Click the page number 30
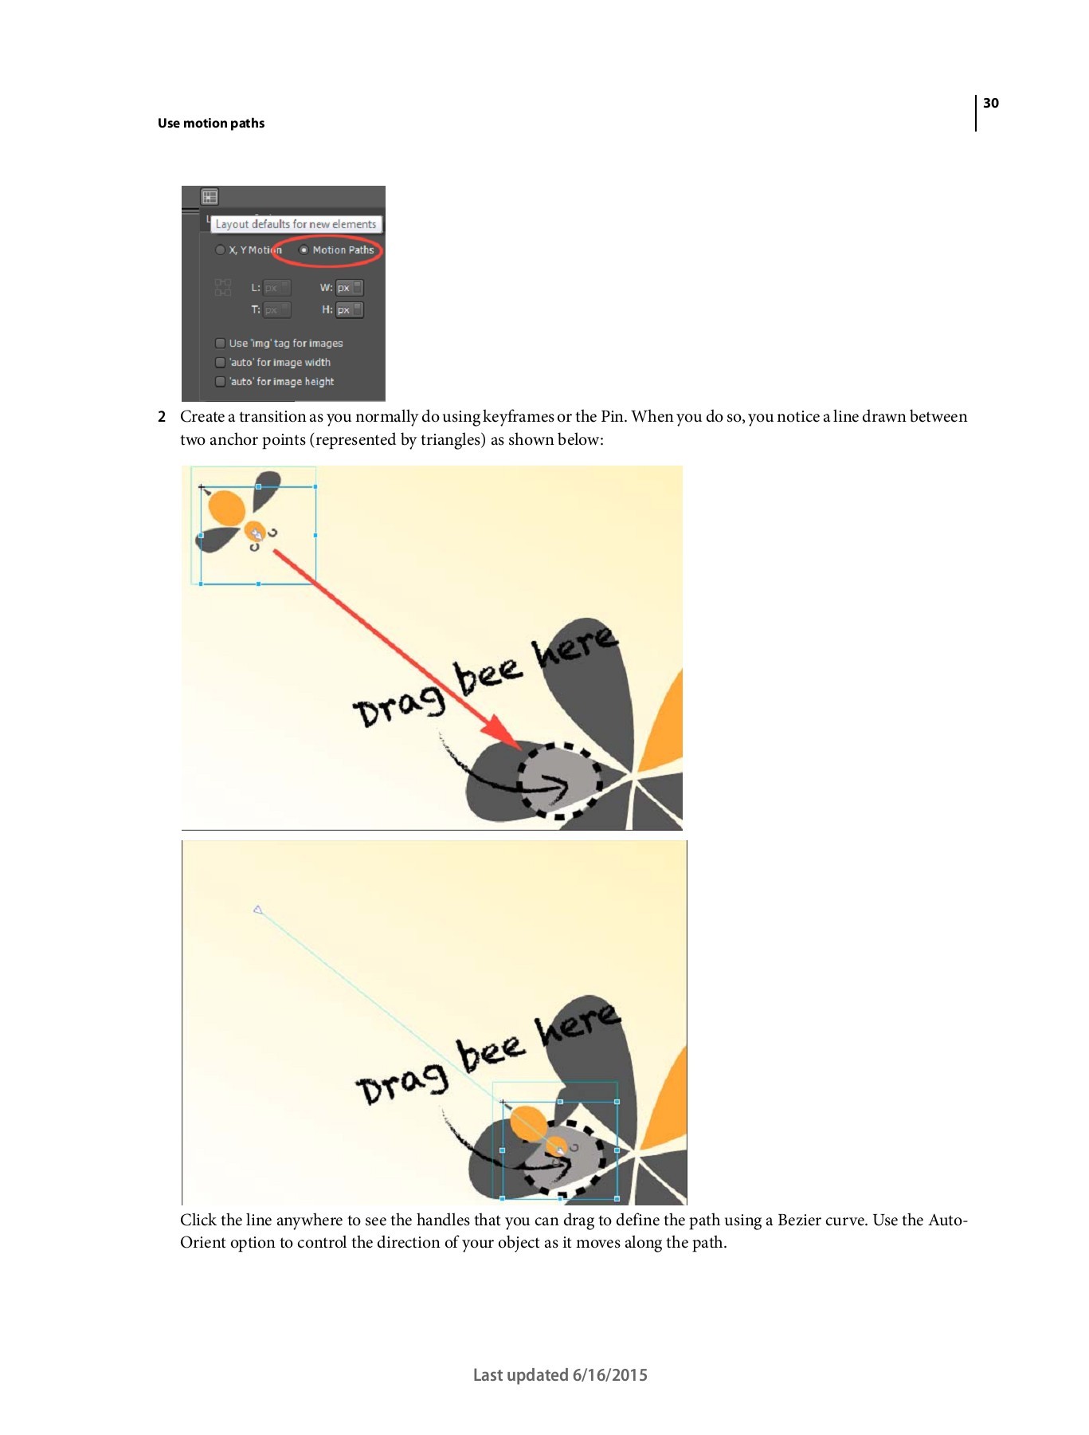990,103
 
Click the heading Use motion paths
211,123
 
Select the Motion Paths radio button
304,250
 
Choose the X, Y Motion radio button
220,250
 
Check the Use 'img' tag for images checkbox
220,343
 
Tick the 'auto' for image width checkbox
220,362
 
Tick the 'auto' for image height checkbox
220,381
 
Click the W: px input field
349,287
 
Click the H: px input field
349,309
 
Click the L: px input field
276,287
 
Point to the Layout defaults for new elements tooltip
296,224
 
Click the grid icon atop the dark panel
210,196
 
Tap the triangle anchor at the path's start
257,910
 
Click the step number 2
162,417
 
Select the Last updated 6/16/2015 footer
560,1375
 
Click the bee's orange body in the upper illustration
225,508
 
